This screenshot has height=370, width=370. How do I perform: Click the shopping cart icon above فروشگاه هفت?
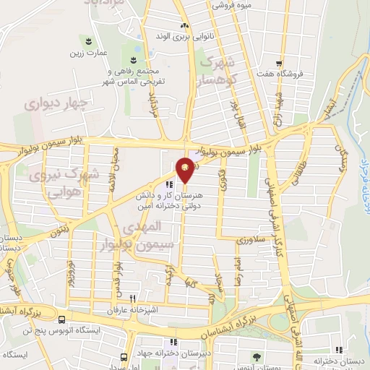coord(279,63)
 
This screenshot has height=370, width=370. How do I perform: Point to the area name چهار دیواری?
coord(56,103)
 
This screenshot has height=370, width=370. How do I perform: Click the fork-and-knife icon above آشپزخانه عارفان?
coord(132,298)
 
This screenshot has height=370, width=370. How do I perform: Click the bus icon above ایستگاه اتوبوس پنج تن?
coord(61,319)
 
